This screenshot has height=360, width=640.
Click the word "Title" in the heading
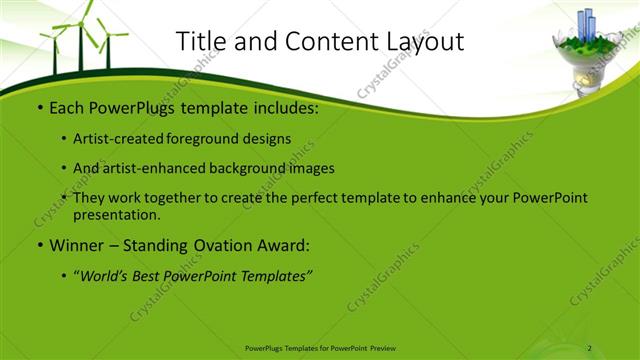click(x=199, y=41)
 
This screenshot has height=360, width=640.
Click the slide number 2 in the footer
click(x=590, y=348)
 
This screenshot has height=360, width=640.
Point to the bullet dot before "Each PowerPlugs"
click(x=38, y=108)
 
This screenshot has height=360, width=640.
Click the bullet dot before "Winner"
click(x=38, y=245)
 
